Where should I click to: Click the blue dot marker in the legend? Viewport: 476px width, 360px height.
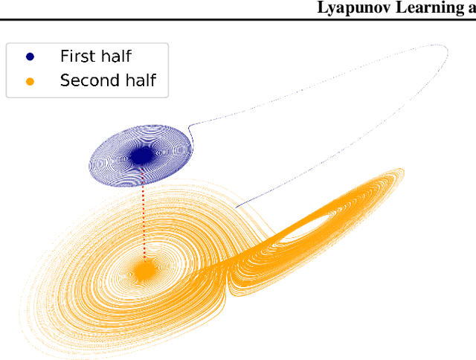(30, 56)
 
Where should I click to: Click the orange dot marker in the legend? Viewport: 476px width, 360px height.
(30, 80)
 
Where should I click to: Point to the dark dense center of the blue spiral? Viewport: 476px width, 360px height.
(141, 155)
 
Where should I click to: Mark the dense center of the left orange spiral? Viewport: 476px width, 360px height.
(144, 271)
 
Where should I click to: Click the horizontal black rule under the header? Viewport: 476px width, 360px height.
(238, 19)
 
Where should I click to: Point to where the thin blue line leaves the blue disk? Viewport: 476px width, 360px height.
(190, 128)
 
